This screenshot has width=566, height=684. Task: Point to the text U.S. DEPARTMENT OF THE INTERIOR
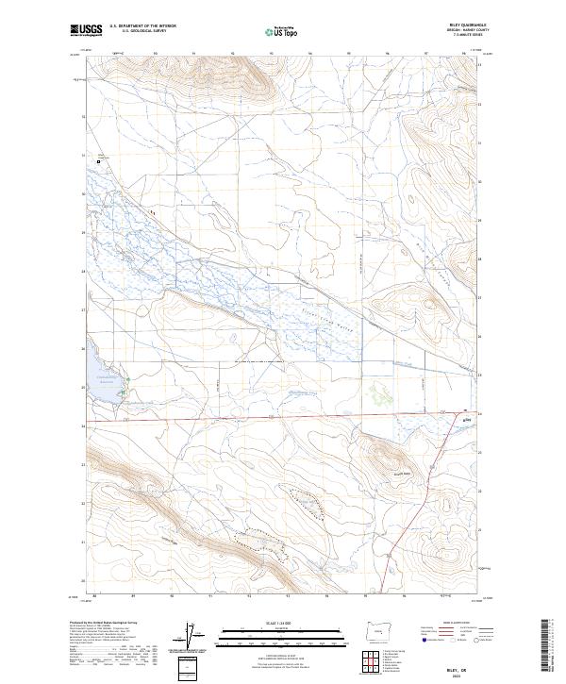[x=143, y=26]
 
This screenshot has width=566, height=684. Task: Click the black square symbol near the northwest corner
[x=98, y=162]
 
